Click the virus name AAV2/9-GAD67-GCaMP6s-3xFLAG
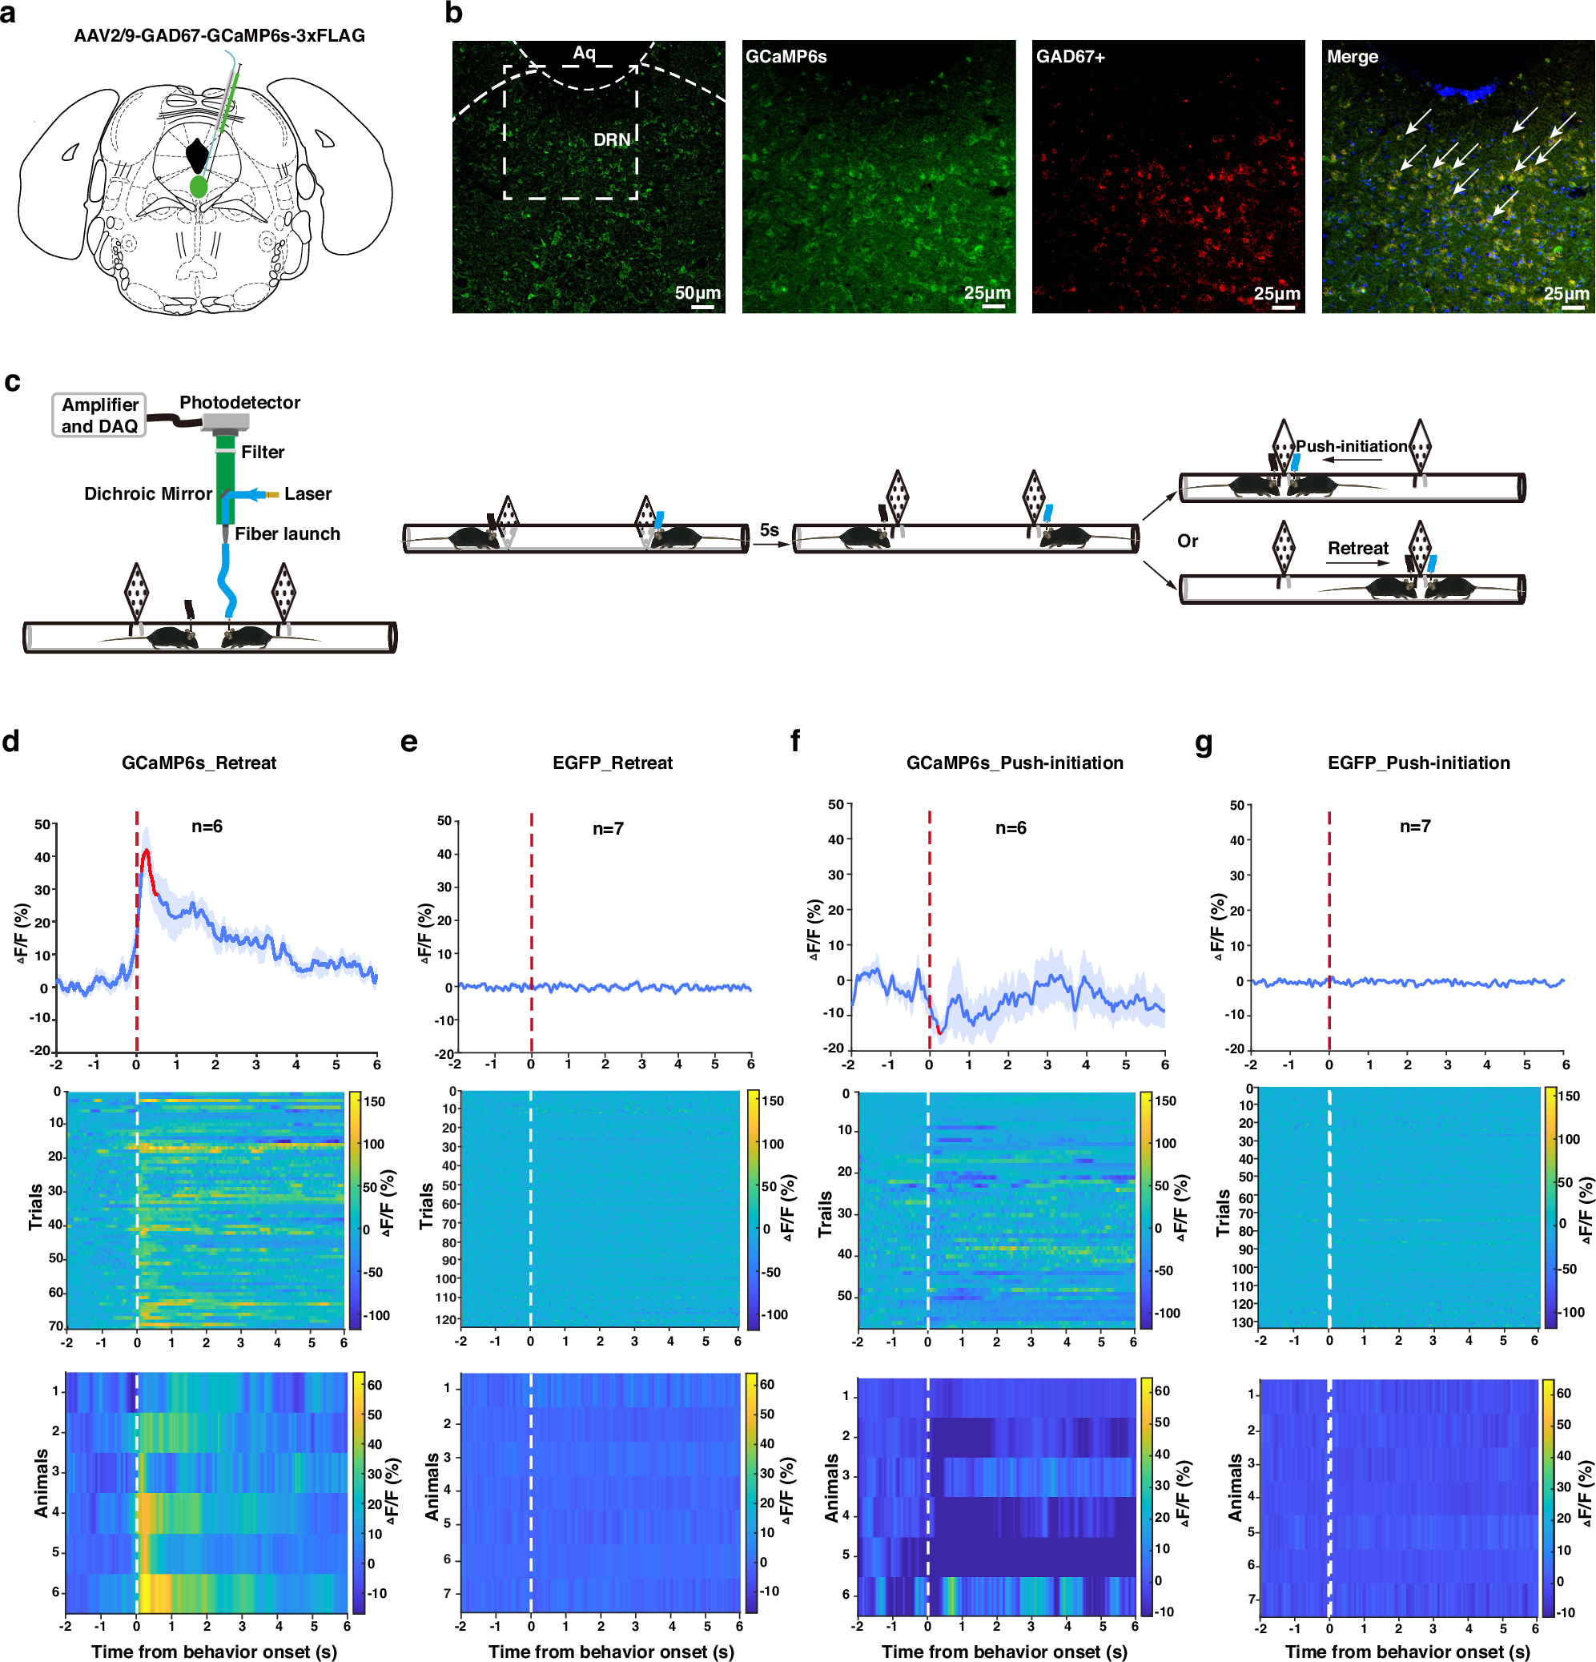point(219,35)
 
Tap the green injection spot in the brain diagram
point(199,186)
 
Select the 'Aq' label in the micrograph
point(584,53)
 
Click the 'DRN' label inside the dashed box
point(611,139)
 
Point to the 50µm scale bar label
point(697,292)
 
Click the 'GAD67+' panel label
point(1070,57)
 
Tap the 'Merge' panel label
point(1352,57)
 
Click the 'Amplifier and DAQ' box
point(99,415)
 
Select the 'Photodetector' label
point(240,402)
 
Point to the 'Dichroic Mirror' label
point(147,493)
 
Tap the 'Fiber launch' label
point(287,533)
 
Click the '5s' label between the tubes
point(769,530)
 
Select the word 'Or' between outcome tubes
point(1188,541)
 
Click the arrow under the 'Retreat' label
point(1357,562)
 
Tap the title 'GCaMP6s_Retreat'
point(199,763)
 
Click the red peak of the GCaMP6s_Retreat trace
point(147,851)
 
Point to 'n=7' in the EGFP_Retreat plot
point(608,828)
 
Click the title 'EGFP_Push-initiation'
point(1418,763)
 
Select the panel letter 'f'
point(795,741)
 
